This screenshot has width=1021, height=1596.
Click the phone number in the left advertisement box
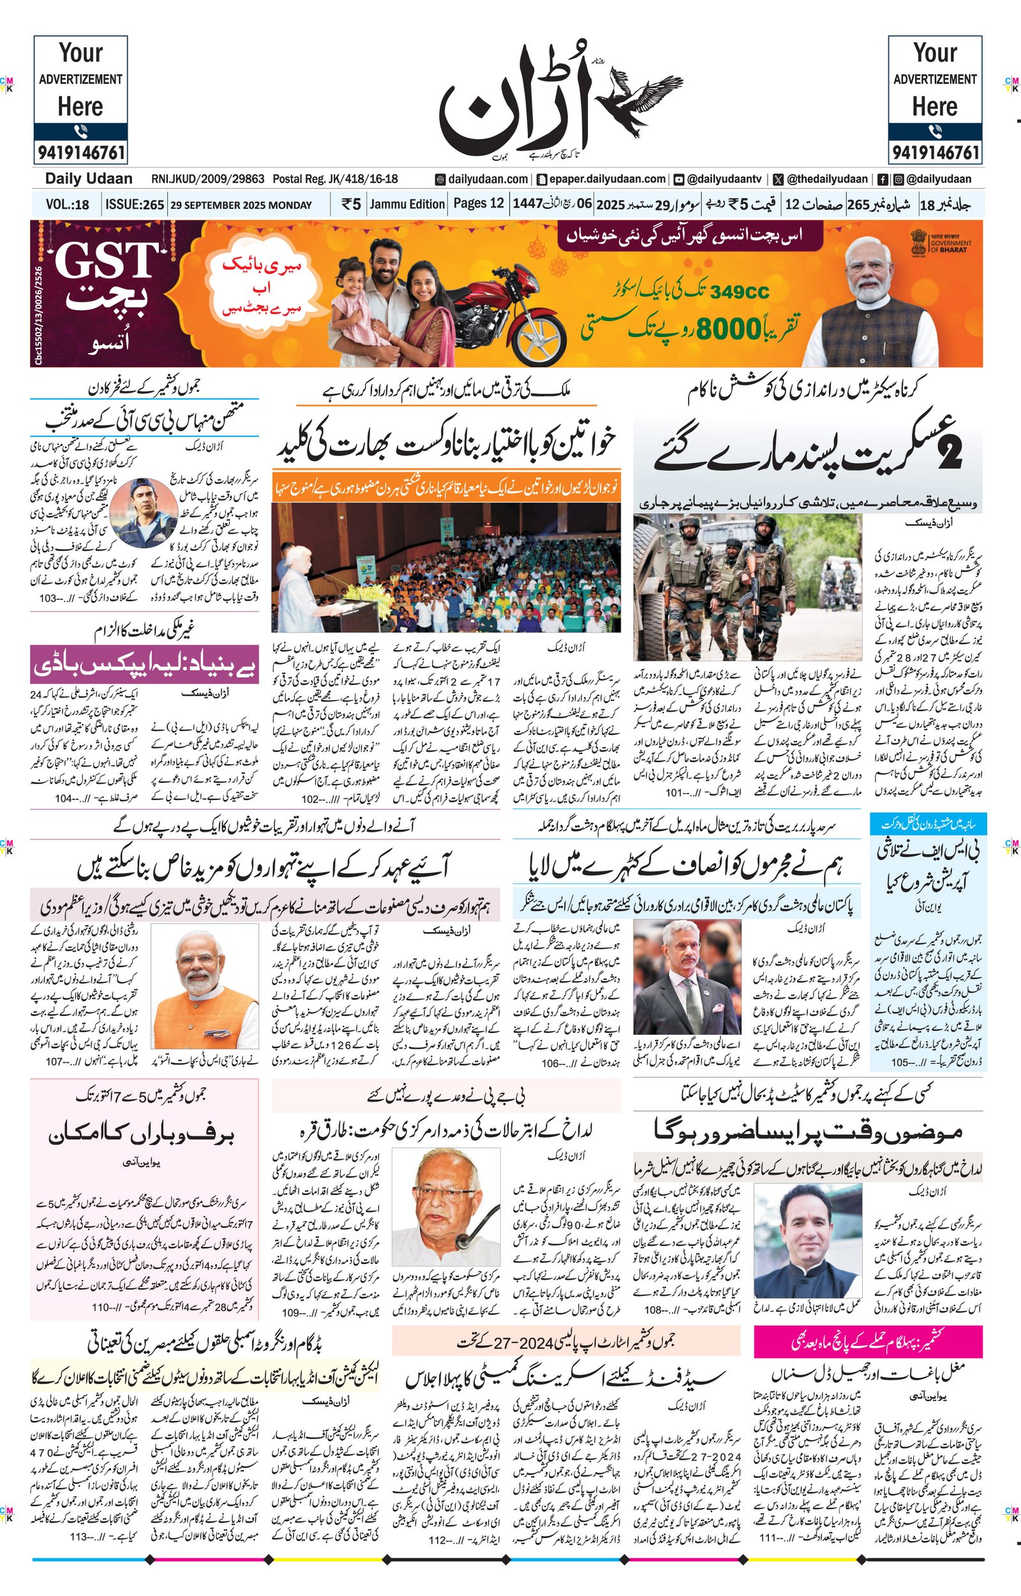(x=81, y=153)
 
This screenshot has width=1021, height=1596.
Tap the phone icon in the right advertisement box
(x=935, y=131)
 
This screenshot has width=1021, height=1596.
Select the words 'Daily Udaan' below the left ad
(x=88, y=178)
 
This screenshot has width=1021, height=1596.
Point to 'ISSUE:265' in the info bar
(x=135, y=204)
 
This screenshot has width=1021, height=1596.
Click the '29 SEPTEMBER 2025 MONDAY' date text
(x=241, y=205)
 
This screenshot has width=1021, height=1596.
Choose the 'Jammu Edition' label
(x=407, y=204)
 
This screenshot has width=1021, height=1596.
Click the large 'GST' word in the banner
(x=106, y=260)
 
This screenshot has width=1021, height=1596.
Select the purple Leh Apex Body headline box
(x=144, y=665)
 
